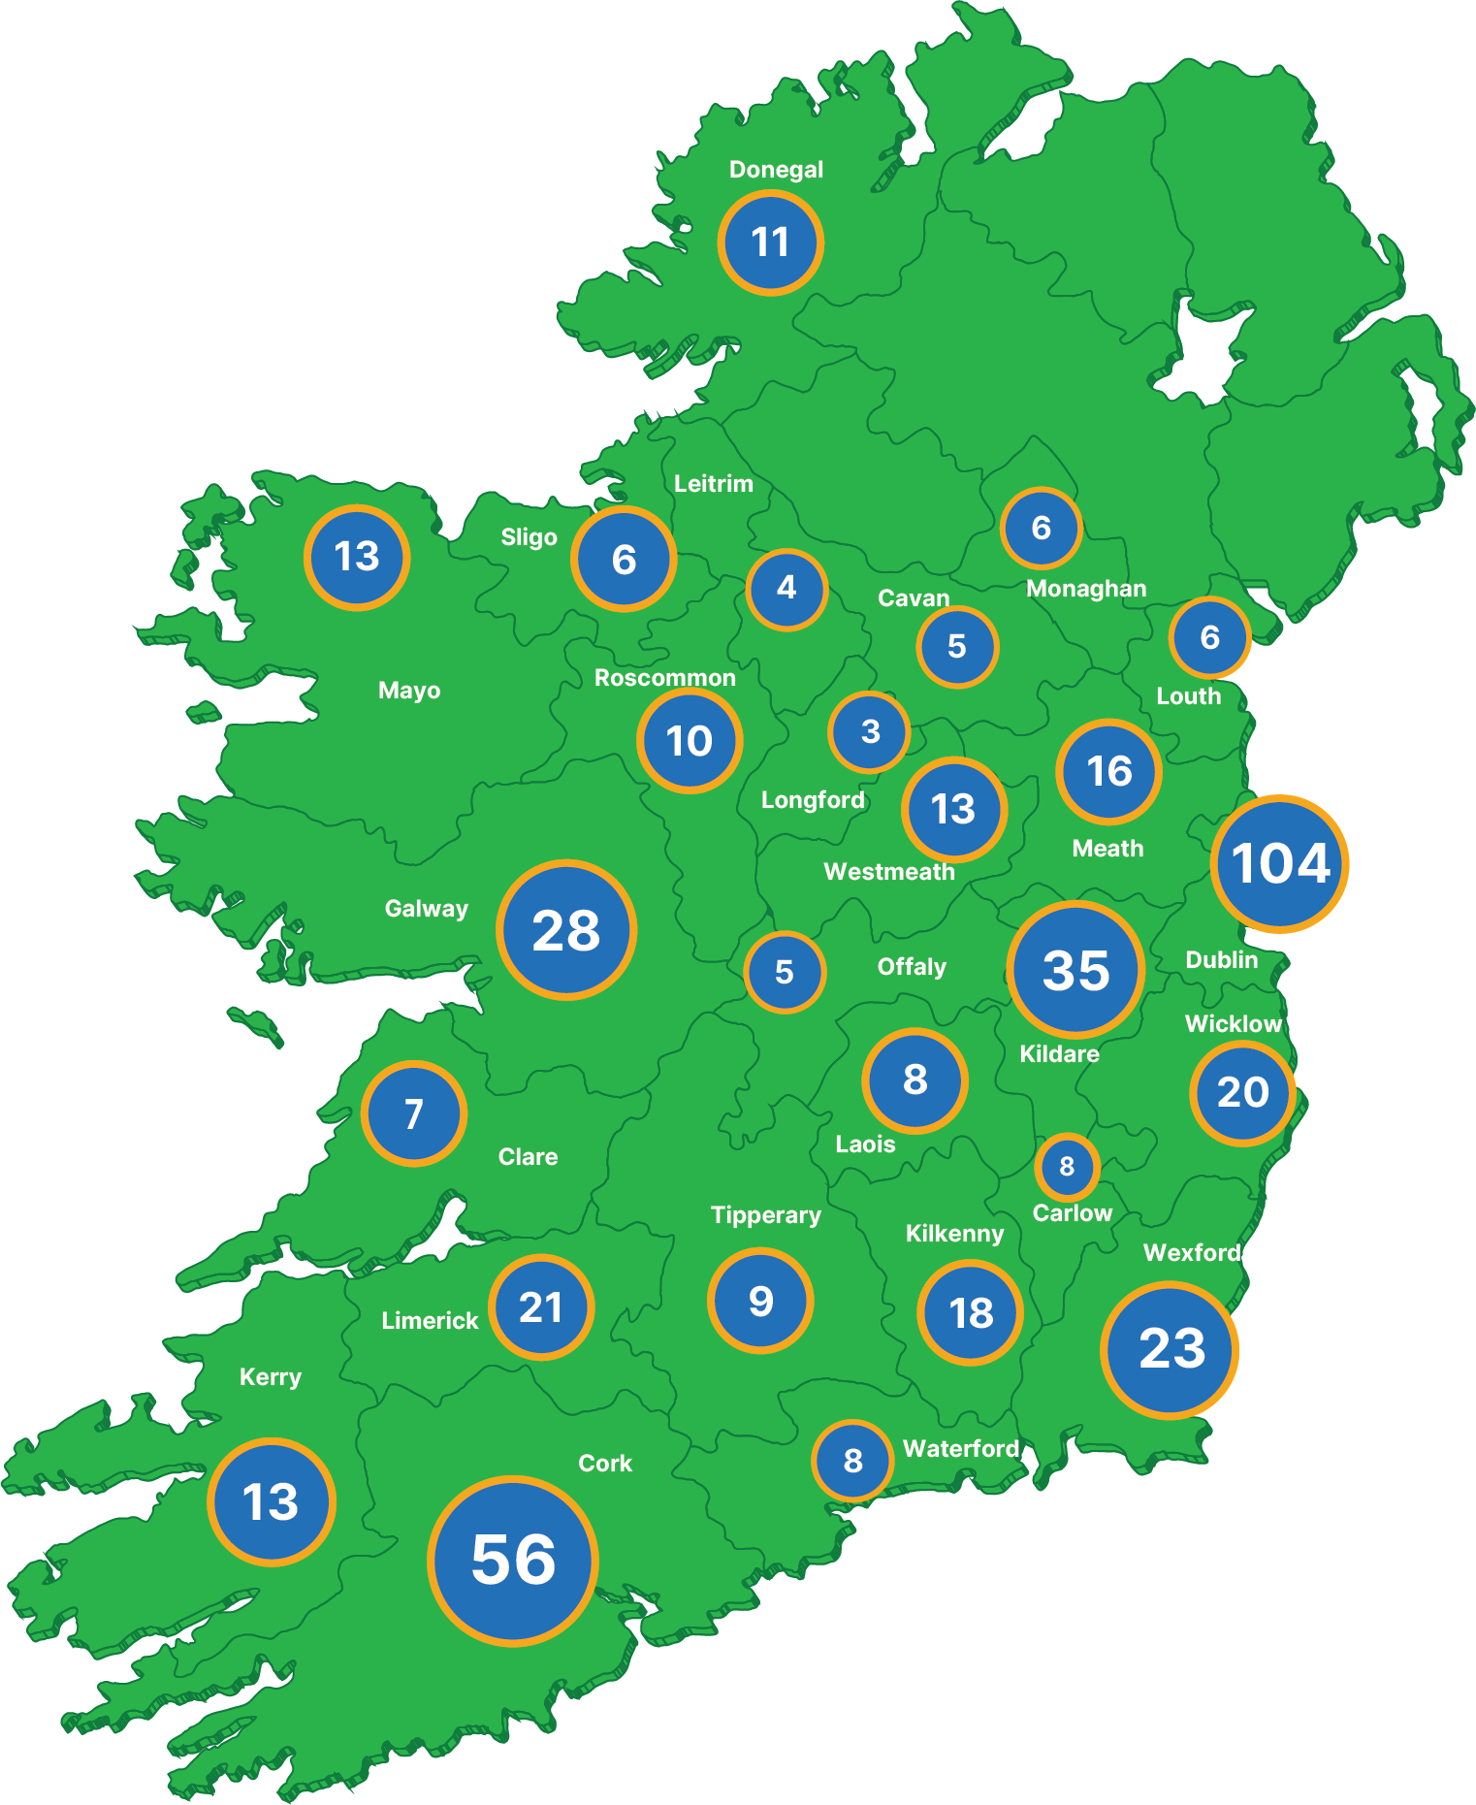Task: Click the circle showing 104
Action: click(1279, 863)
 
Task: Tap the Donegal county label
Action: click(776, 170)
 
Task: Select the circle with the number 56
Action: click(513, 1561)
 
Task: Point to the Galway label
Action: click(427, 909)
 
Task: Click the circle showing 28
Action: click(566, 930)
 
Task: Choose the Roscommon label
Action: click(664, 678)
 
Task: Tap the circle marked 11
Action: click(771, 242)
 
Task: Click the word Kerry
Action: click(271, 1377)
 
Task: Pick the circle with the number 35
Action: click(1075, 970)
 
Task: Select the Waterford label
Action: click(960, 1449)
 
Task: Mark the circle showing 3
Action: click(870, 731)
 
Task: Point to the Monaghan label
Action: click(1086, 589)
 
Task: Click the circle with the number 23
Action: click(1171, 1349)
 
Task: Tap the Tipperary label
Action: click(765, 1215)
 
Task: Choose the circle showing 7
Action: click(414, 1113)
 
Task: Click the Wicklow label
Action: click(1233, 1024)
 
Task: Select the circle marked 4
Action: click(786, 588)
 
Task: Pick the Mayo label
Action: click(409, 691)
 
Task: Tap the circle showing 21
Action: click(541, 1307)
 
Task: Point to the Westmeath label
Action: click(889, 872)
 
